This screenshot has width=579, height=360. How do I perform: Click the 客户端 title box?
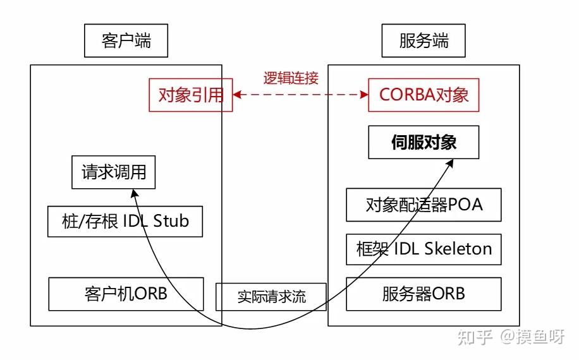tap(126, 42)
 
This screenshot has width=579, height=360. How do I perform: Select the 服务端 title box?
tap(424, 42)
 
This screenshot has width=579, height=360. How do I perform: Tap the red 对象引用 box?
tap(191, 95)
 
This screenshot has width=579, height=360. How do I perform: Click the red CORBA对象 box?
tap(424, 95)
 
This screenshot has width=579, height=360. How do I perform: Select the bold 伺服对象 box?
tap(424, 142)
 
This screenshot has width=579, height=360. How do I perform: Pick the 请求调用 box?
tap(114, 172)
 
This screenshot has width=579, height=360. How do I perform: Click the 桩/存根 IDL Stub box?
tap(125, 221)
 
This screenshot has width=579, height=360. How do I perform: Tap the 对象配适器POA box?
tap(424, 205)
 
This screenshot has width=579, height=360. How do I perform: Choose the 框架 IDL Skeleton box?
tap(424, 249)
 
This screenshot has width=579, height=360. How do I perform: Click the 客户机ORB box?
tap(126, 294)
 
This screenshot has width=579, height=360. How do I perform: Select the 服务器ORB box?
tap(424, 294)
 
